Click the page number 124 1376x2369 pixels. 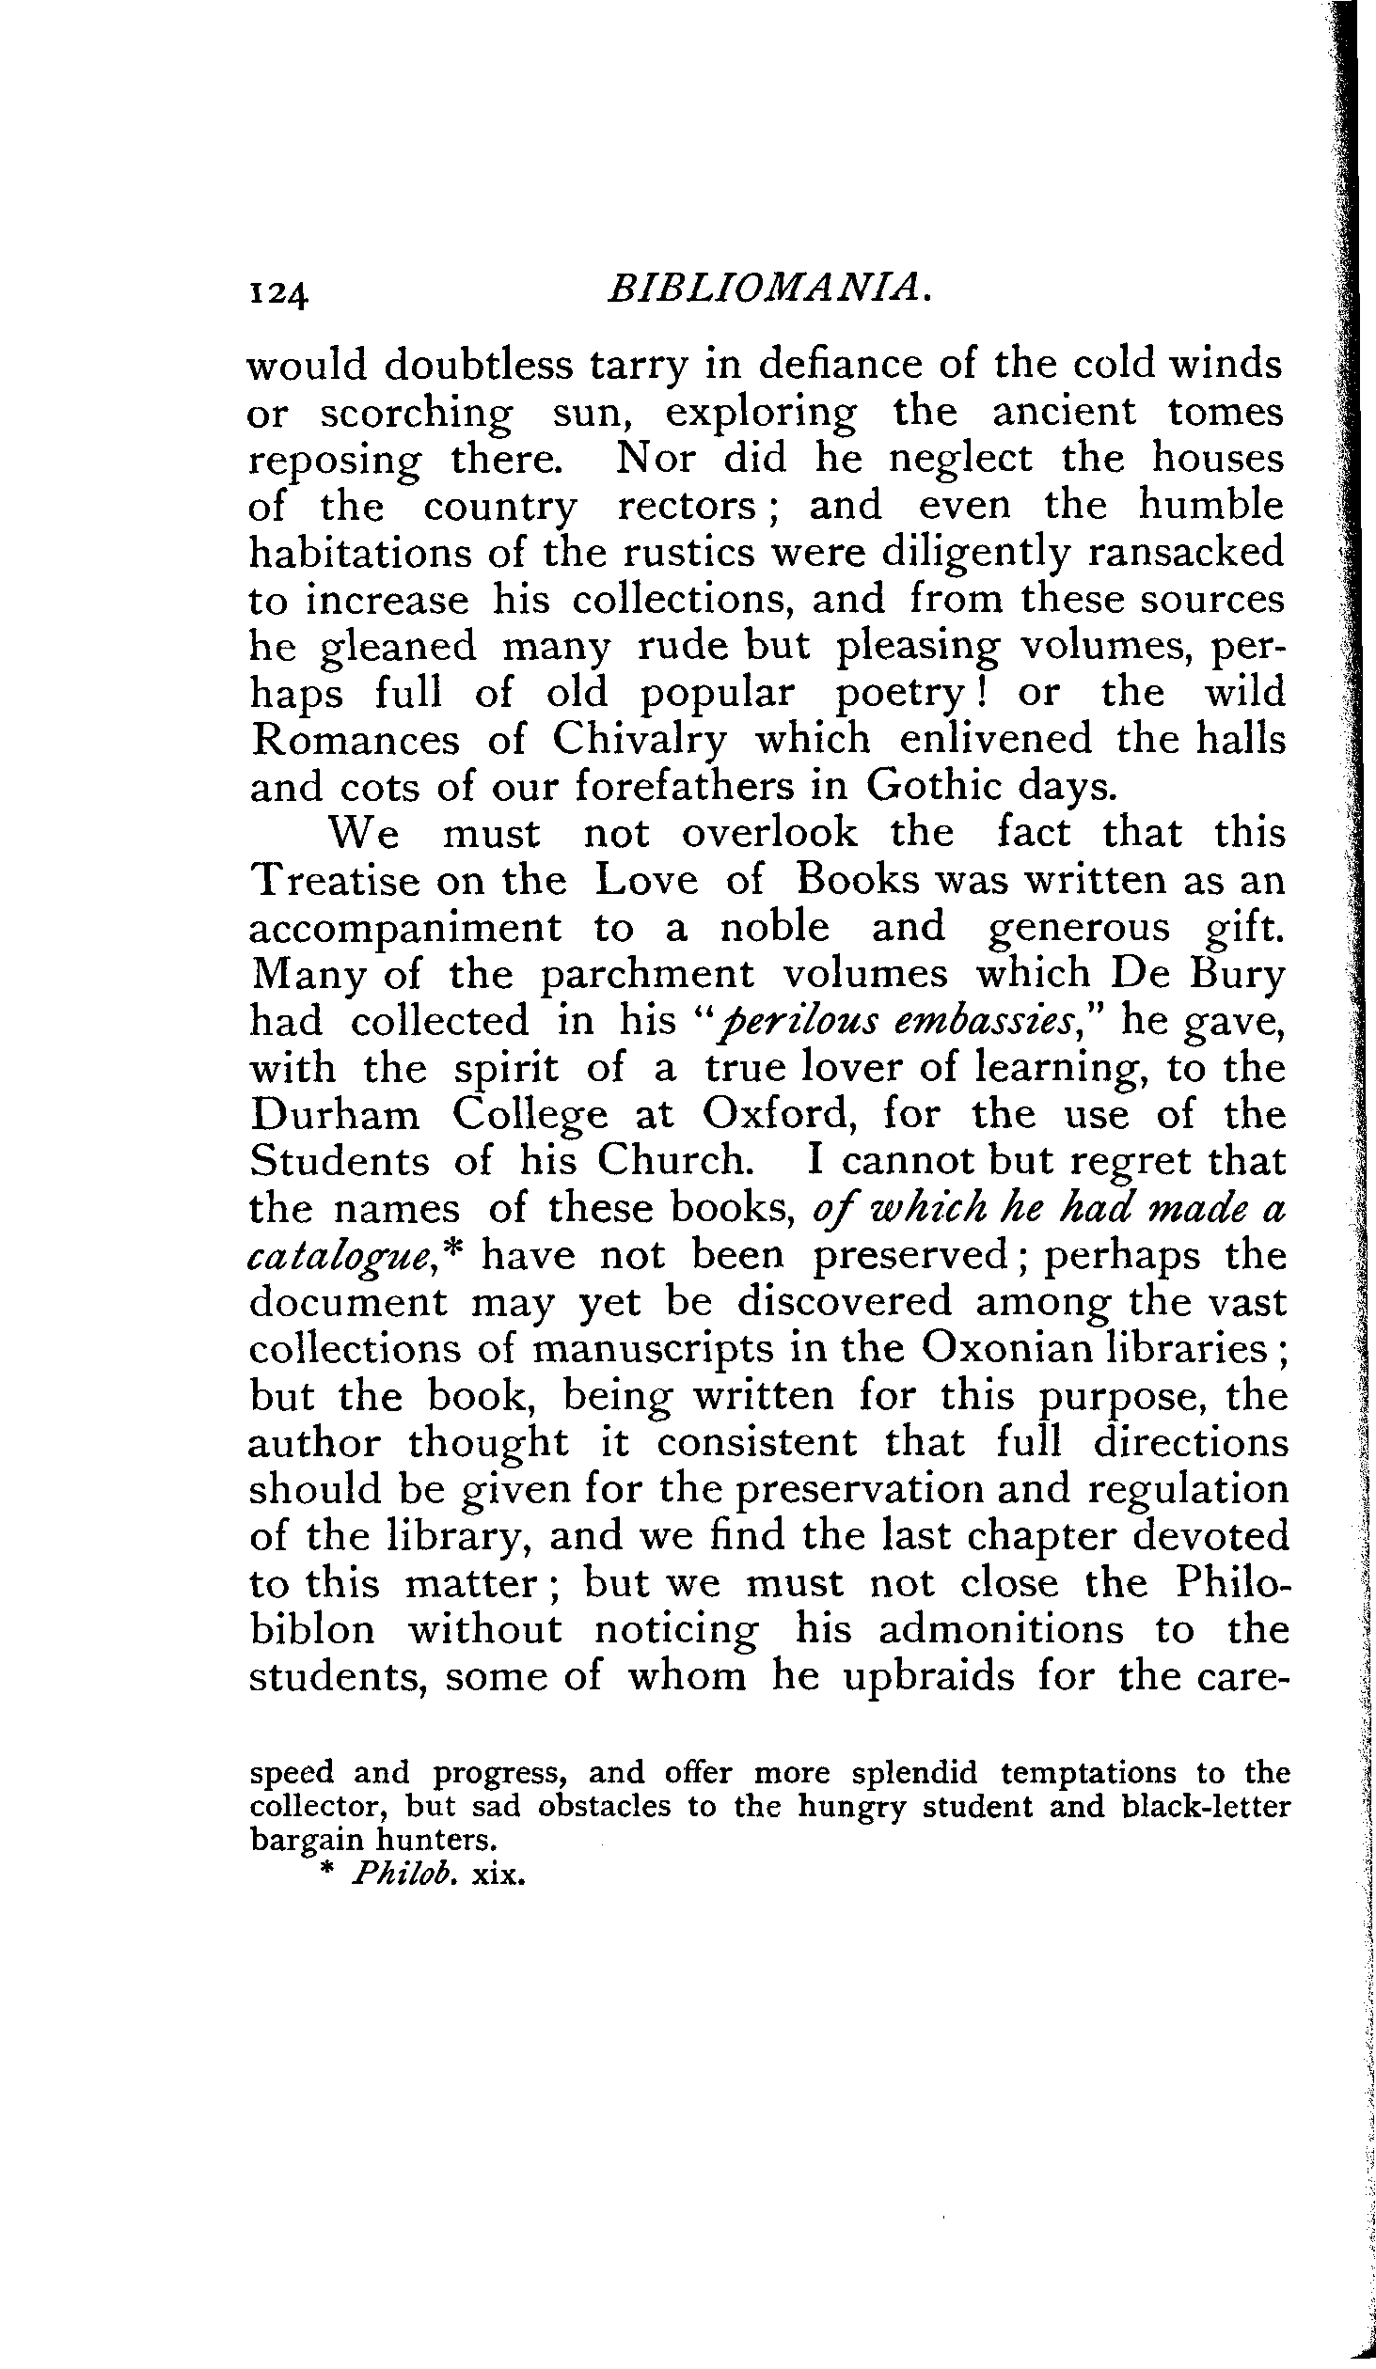coord(277,294)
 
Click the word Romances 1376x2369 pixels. coord(356,740)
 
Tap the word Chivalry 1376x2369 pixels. coord(640,741)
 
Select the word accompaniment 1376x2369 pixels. coord(404,929)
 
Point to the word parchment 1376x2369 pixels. coord(647,976)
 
